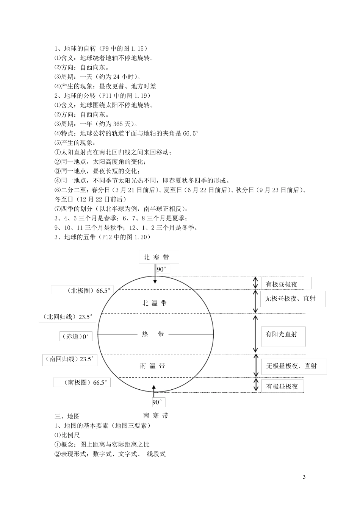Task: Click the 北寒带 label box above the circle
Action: click(x=159, y=257)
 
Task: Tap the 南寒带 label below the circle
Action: click(x=156, y=415)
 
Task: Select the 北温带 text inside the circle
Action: click(x=154, y=303)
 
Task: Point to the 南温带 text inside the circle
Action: click(x=152, y=366)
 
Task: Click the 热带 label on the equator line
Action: click(x=153, y=334)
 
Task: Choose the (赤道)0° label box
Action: click(x=76, y=336)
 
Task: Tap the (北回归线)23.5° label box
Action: click(x=67, y=317)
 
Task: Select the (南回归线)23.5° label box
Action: click(x=70, y=359)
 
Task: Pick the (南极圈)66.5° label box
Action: click(x=82, y=383)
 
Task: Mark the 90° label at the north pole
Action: click(x=162, y=269)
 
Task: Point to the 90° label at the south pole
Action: click(x=157, y=402)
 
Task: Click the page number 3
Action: click(x=304, y=476)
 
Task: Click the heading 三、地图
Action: click(x=67, y=416)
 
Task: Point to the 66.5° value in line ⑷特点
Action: click(x=191, y=133)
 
